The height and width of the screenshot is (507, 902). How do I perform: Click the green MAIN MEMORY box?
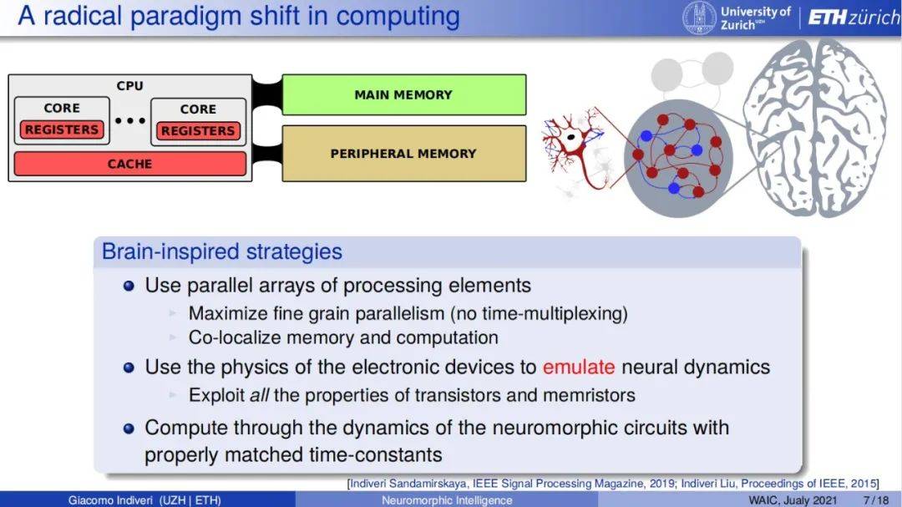(404, 94)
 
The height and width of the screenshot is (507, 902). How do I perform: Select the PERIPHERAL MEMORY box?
(404, 154)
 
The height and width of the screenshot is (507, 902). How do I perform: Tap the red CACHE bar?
(130, 164)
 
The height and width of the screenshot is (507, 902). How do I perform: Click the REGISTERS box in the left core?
(62, 129)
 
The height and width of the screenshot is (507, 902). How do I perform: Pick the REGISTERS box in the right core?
(198, 130)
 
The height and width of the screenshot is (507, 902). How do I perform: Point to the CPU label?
(130, 86)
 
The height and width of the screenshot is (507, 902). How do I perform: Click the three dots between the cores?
(130, 121)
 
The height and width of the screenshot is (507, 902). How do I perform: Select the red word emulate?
(579, 368)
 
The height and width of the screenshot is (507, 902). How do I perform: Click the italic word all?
(260, 395)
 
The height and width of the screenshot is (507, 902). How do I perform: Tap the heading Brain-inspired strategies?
(222, 251)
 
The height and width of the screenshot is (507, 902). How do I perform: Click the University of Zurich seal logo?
(700, 18)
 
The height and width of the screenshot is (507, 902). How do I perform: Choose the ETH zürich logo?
(854, 18)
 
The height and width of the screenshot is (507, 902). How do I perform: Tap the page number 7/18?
(875, 500)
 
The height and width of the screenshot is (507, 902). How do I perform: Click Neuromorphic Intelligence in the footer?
(447, 500)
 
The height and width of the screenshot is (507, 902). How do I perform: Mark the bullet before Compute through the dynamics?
(129, 428)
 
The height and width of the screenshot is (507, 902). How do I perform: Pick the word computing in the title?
(398, 16)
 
